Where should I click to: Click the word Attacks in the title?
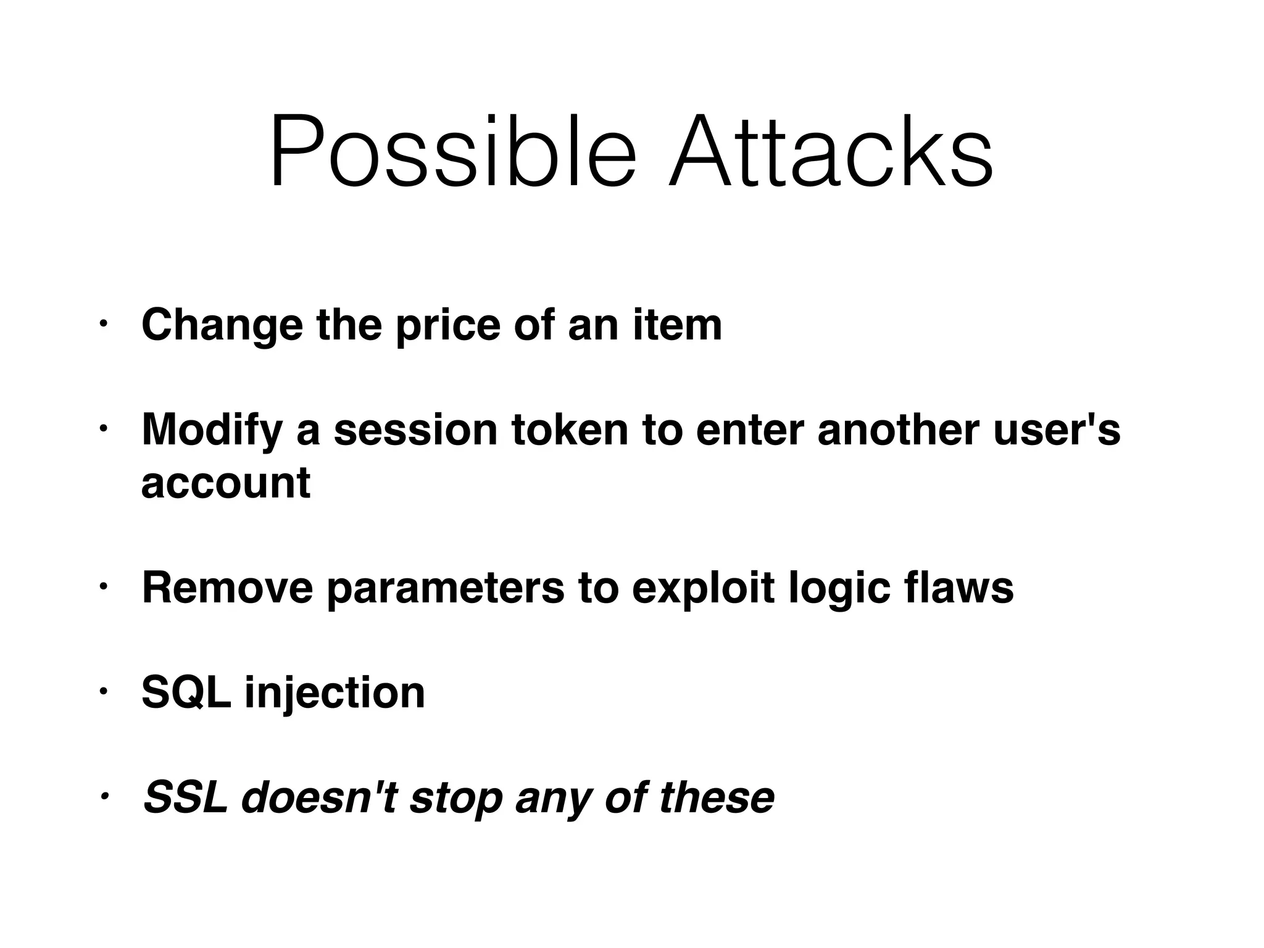(x=830, y=151)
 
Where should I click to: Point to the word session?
(x=415, y=430)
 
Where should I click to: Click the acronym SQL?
(x=186, y=693)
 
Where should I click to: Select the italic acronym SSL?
(x=185, y=797)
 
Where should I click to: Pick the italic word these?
(x=717, y=797)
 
